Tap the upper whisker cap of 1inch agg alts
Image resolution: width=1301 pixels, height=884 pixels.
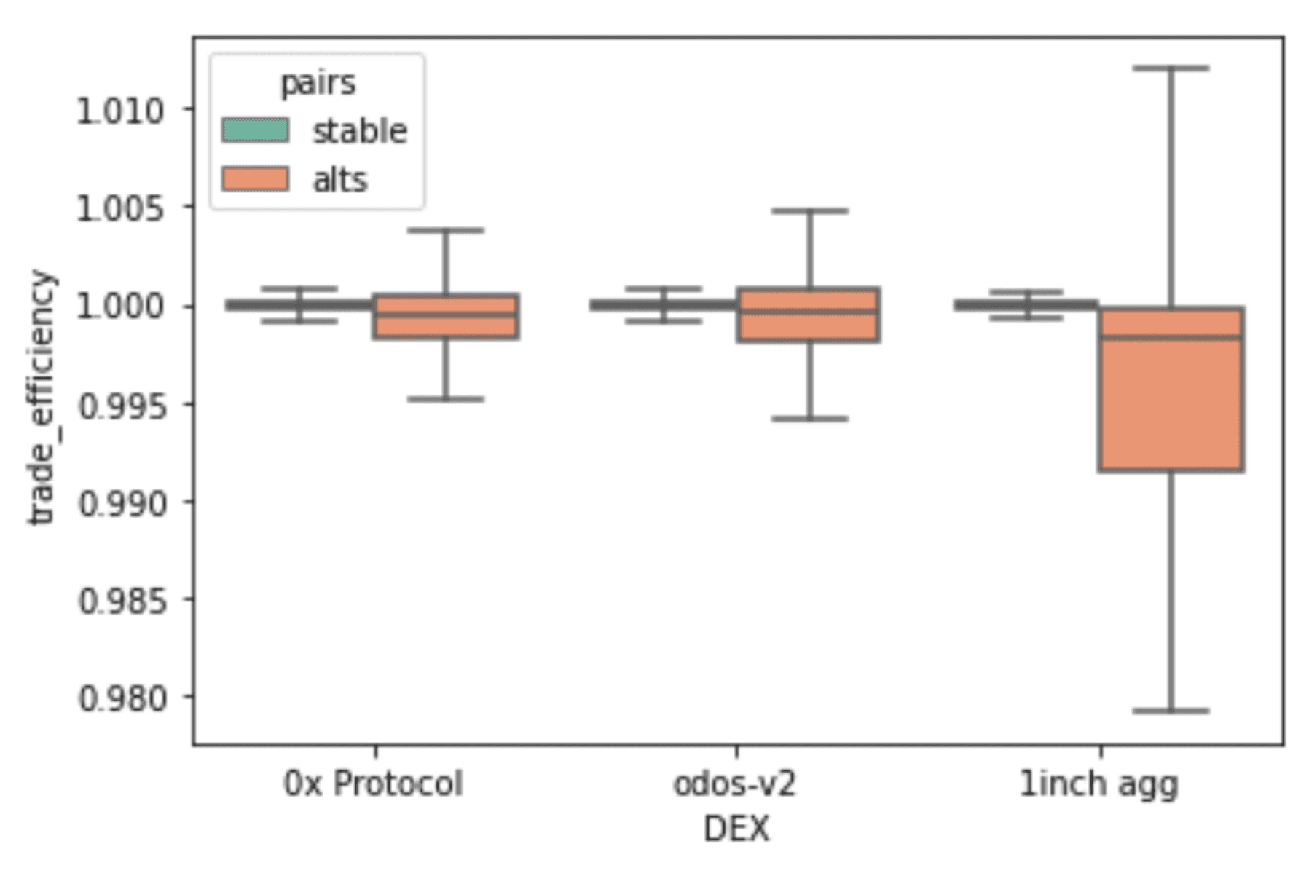point(1171,68)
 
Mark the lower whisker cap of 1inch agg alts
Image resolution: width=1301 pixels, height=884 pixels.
point(1171,710)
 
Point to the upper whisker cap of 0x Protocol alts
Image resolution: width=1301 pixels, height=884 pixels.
point(445,230)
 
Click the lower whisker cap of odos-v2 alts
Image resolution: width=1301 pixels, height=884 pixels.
point(809,419)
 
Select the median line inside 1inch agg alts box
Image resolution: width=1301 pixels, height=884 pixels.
point(1171,337)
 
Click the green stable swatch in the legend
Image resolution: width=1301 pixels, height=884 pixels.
point(255,130)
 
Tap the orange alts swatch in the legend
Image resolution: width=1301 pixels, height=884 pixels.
point(255,179)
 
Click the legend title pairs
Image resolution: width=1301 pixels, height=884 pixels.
point(318,83)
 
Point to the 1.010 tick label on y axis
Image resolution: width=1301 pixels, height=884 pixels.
point(121,111)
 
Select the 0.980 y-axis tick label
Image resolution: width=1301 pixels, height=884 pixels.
point(121,698)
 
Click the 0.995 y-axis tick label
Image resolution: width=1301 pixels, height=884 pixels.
point(121,406)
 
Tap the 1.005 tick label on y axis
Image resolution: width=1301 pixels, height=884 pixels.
point(121,209)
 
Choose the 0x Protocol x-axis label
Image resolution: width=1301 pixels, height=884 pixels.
point(373,784)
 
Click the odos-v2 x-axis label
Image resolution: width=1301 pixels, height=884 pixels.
point(734,784)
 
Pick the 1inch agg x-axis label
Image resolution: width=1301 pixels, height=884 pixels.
point(1098,784)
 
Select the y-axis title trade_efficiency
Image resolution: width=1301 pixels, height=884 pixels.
point(42,397)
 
